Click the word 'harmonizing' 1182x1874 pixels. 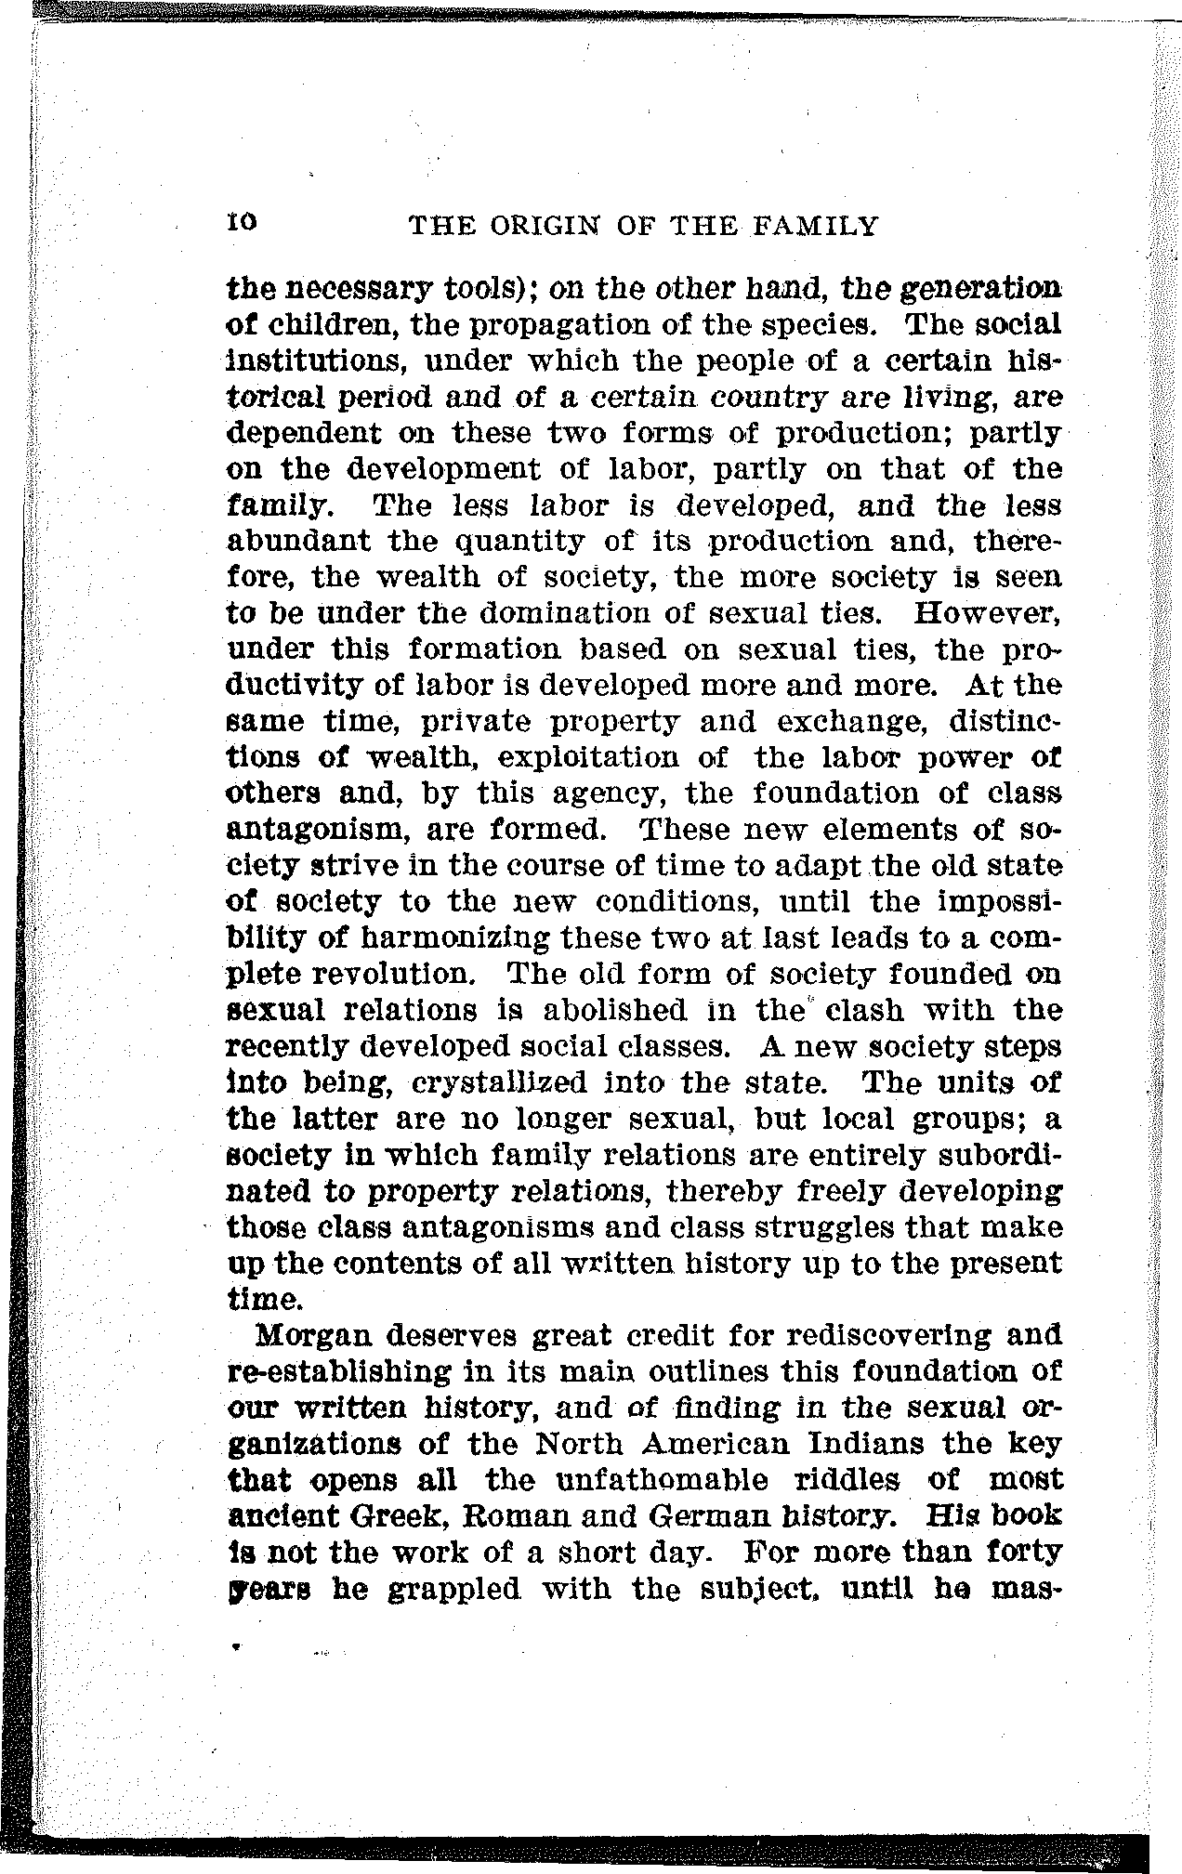coord(437,938)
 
